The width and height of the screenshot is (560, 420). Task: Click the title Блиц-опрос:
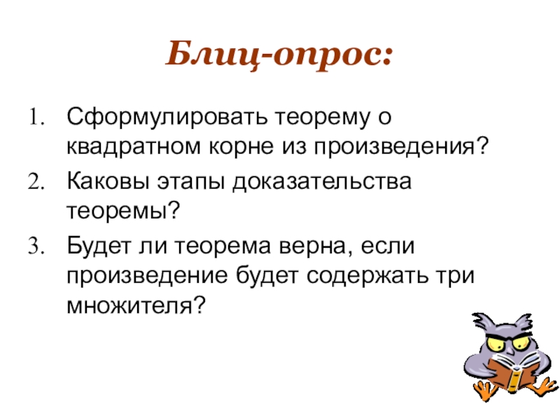[x=279, y=55]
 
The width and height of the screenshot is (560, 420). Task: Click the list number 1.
[x=36, y=115]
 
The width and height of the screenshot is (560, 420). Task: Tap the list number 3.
[x=36, y=247]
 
